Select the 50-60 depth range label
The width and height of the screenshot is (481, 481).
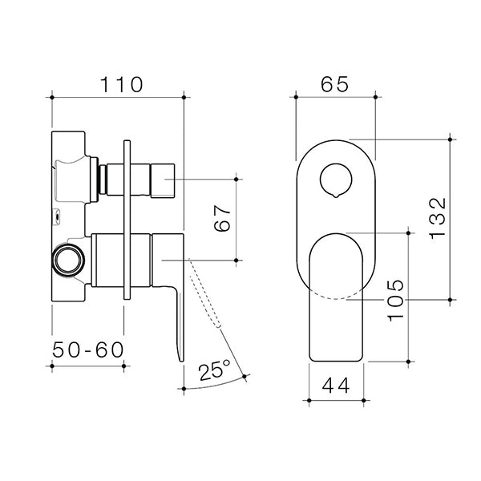tap(87, 351)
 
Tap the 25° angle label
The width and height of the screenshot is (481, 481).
tap(213, 370)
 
